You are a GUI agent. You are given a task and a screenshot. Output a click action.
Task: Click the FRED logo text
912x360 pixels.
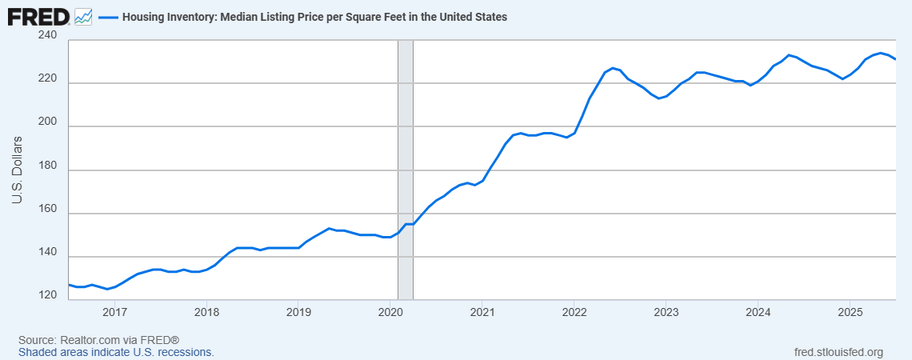[38, 16]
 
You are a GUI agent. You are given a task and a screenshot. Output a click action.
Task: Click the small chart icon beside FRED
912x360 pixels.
[83, 16]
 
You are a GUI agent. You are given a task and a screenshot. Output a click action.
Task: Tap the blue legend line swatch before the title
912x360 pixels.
[108, 16]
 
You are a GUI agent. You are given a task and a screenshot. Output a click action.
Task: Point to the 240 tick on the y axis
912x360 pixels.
[46, 35]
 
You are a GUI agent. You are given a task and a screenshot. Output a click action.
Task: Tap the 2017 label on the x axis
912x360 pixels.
[114, 311]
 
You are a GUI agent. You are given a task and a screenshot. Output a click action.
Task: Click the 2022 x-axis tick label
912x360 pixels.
[574, 311]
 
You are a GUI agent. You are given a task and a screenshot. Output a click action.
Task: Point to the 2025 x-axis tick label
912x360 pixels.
[850, 311]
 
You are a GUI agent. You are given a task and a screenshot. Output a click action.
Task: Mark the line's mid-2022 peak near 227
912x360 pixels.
[612, 68]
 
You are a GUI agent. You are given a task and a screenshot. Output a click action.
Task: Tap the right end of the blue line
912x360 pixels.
[894, 59]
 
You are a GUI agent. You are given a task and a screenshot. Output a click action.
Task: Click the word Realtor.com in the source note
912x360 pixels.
[86, 340]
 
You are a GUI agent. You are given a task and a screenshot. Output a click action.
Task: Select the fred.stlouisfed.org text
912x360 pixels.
[838, 352]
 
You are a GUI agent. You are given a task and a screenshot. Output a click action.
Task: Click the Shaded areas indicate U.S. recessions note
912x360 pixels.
[116, 352]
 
